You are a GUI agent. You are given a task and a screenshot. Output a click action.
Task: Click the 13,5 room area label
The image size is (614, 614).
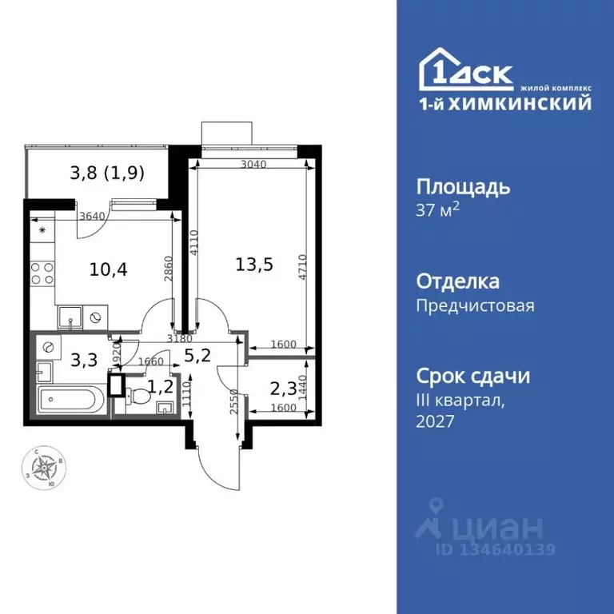[x=255, y=265]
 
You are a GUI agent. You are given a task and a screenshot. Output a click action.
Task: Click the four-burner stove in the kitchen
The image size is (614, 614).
[x=42, y=275]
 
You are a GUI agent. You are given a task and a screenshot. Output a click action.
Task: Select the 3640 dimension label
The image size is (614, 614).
[x=94, y=214]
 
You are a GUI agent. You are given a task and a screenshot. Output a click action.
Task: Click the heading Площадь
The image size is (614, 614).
[x=463, y=188]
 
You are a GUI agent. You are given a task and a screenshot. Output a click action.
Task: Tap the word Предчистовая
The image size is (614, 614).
[x=475, y=305]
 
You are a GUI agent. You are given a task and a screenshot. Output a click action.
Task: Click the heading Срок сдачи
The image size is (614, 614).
[x=473, y=376]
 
